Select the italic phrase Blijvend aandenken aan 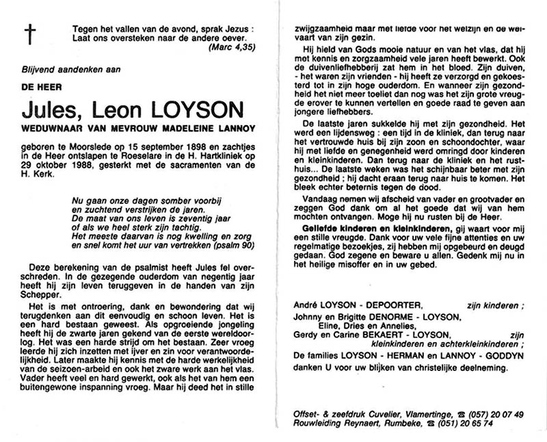70,70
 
